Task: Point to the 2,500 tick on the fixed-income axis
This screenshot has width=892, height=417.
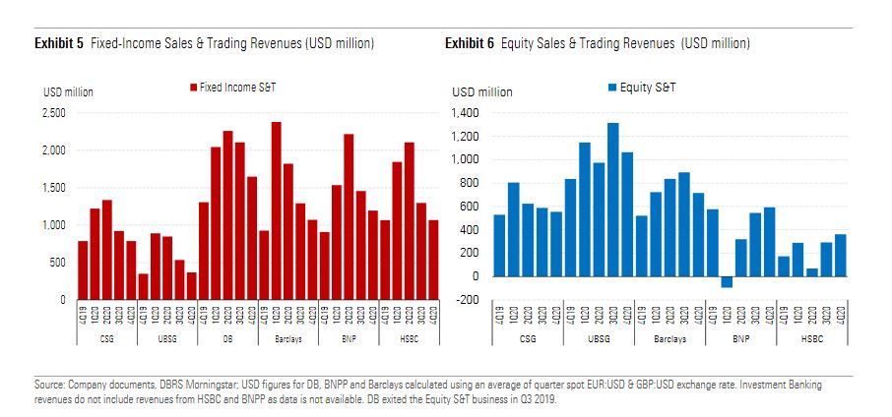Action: (53, 113)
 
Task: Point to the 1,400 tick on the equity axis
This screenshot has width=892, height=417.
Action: (466, 113)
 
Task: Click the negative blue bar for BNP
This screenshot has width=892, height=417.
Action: (727, 281)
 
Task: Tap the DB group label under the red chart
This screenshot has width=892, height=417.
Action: (227, 339)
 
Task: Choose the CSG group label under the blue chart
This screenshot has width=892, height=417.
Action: (528, 339)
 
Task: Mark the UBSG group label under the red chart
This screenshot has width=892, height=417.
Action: (167, 339)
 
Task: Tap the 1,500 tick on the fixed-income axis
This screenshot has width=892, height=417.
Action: (53, 188)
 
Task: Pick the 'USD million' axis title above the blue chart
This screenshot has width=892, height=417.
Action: (482, 92)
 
